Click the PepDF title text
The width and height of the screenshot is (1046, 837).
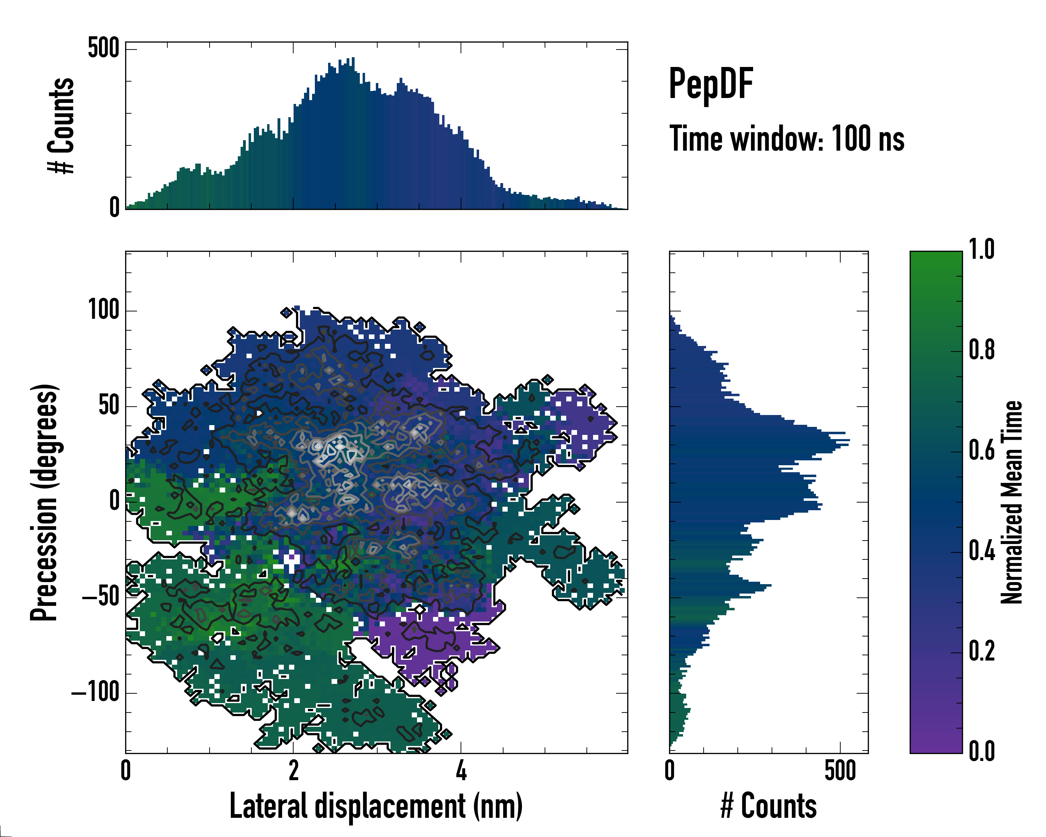[711, 84]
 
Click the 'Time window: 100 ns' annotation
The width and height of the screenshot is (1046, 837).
[787, 139]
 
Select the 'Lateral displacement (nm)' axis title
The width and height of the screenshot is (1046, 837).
[376, 806]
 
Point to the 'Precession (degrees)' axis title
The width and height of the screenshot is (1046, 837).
[45, 502]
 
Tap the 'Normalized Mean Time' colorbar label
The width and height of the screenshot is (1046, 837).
[1011, 502]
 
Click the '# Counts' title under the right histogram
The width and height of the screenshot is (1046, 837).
[768, 806]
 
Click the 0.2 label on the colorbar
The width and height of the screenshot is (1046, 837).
[981, 651]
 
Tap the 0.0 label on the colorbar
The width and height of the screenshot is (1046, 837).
[981, 751]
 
